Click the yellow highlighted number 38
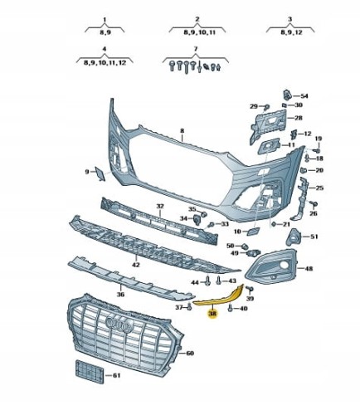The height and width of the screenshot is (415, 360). tap(212, 314)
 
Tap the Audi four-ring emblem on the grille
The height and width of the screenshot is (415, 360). tap(119, 324)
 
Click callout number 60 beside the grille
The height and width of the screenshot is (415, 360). tap(190, 353)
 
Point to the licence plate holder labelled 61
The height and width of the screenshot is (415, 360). tap(90, 372)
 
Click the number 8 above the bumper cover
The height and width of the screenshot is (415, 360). tap(182, 130)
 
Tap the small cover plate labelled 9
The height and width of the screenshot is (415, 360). tap(100, 173)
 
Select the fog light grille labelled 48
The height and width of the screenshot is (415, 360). tap(271, 267)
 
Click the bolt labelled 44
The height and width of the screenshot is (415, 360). tap(208, 281)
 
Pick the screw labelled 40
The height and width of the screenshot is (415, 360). tap(231, 308)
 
